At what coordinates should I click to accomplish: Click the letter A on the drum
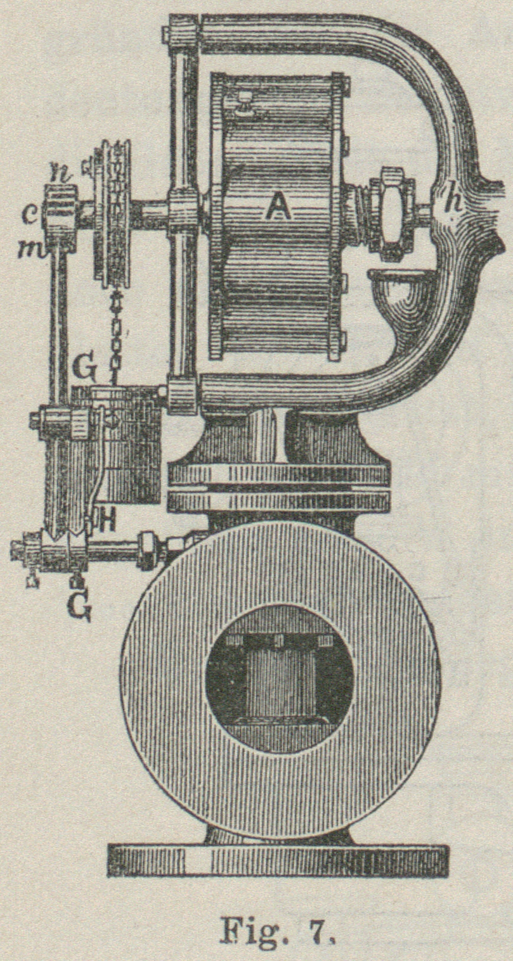point(277,207)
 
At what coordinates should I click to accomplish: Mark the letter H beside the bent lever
point(107,521)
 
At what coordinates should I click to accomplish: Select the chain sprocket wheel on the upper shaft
point(112,212)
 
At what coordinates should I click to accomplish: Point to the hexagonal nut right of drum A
point(392,214)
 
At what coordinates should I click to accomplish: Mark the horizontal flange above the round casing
point(279,488)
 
